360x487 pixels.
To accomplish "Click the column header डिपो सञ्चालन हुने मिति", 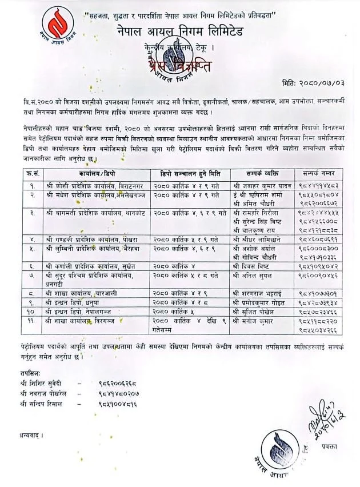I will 191,171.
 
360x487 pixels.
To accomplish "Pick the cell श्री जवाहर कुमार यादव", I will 262,185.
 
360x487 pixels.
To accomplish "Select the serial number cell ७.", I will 34,275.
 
